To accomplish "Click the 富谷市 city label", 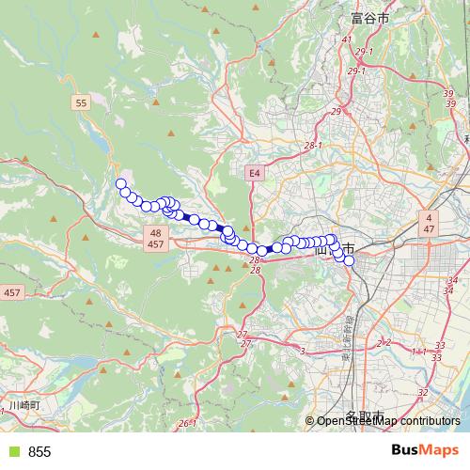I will click(x=362, y=17).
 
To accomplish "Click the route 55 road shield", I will click(x=83, y=102).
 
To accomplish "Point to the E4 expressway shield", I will click(x=254, y=173).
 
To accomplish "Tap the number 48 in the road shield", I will click(x=155, y=232).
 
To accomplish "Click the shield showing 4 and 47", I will click(x=428, y=223).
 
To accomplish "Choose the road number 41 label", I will click(x=346, y=39).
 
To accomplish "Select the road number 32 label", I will click(x=422, y=392).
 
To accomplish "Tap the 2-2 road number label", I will click(x=383, y=343).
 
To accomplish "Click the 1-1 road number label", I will click(x=418, y=351).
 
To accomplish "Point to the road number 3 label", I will click(x=303, y=351).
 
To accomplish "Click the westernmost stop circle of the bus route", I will click(x=120, y=184).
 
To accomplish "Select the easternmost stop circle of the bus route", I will click(x=349, y=260).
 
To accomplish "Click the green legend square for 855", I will click(x=11, y=451).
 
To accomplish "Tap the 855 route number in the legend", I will click(x=39, y=451).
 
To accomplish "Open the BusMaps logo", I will click(x=424, y=450).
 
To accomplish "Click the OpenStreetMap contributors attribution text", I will click(x=388, y=421).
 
